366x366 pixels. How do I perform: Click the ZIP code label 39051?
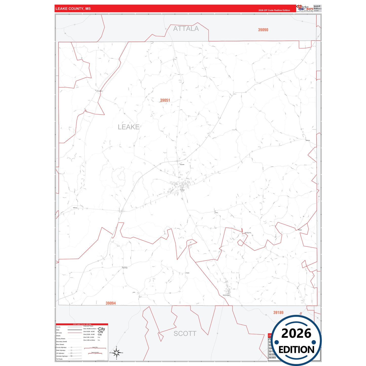pyautogui.click(x=165, y=100)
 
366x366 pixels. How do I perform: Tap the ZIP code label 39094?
pyautogui.click(x=111, y=303)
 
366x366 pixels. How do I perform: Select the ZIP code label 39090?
pyautogui.click(x=263, y=30)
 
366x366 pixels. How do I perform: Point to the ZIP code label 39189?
pyautogui.click(x=278, y=313)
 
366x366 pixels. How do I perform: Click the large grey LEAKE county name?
pyautogui.click(x=128, y=127)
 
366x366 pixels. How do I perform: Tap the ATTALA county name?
pyautogui.click(x=186, y=29)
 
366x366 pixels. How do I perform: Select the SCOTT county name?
pyautogui.click(x=185, y=334)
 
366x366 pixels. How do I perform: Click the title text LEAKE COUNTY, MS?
pyautogui.click(x=73, y=9)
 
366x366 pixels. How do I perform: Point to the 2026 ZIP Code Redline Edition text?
pyautogui.click(x=274, y=10)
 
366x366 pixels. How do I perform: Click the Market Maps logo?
pyautogui.click(x=305, y=8)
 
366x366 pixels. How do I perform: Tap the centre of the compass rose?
pyautogui.click(x=116, y=353)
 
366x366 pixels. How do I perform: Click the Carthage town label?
pyautogui.click(x=182, y=190)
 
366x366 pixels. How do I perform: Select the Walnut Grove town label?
pyautogui.click(x=226, y=295)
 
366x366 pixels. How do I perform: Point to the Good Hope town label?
pyautogui.click(x=125, y=268)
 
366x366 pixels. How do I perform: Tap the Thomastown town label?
pyautogui.click(x=100, y=91)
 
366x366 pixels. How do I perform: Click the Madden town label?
pyautogui.click(x=300, y=230)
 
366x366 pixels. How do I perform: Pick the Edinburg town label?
pyautogui.click(x=308, y=140)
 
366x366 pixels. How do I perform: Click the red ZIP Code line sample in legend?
pyautogui.click(x=75, y=333)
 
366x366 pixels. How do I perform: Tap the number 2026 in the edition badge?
pyautogui.click(x=296, y=333)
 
